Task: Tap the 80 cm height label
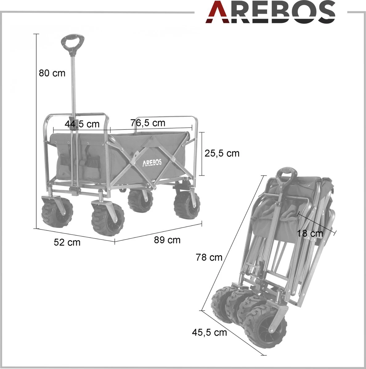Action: (x=52, y=73)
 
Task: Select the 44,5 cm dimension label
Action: (x=82, y=124)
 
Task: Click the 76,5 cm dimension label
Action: (x=148, y=123)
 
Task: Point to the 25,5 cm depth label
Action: (x=222, y=153)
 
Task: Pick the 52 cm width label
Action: (x=67, y=242)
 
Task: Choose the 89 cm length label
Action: (x=167, y=240)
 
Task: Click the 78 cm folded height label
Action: (x=209, y=257)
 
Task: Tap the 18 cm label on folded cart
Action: (x=310, y=233)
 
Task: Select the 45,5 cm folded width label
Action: (x=209, y=332)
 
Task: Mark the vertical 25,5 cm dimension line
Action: (x=202, y=154)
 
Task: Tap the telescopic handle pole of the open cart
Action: (x=73, y=92)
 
